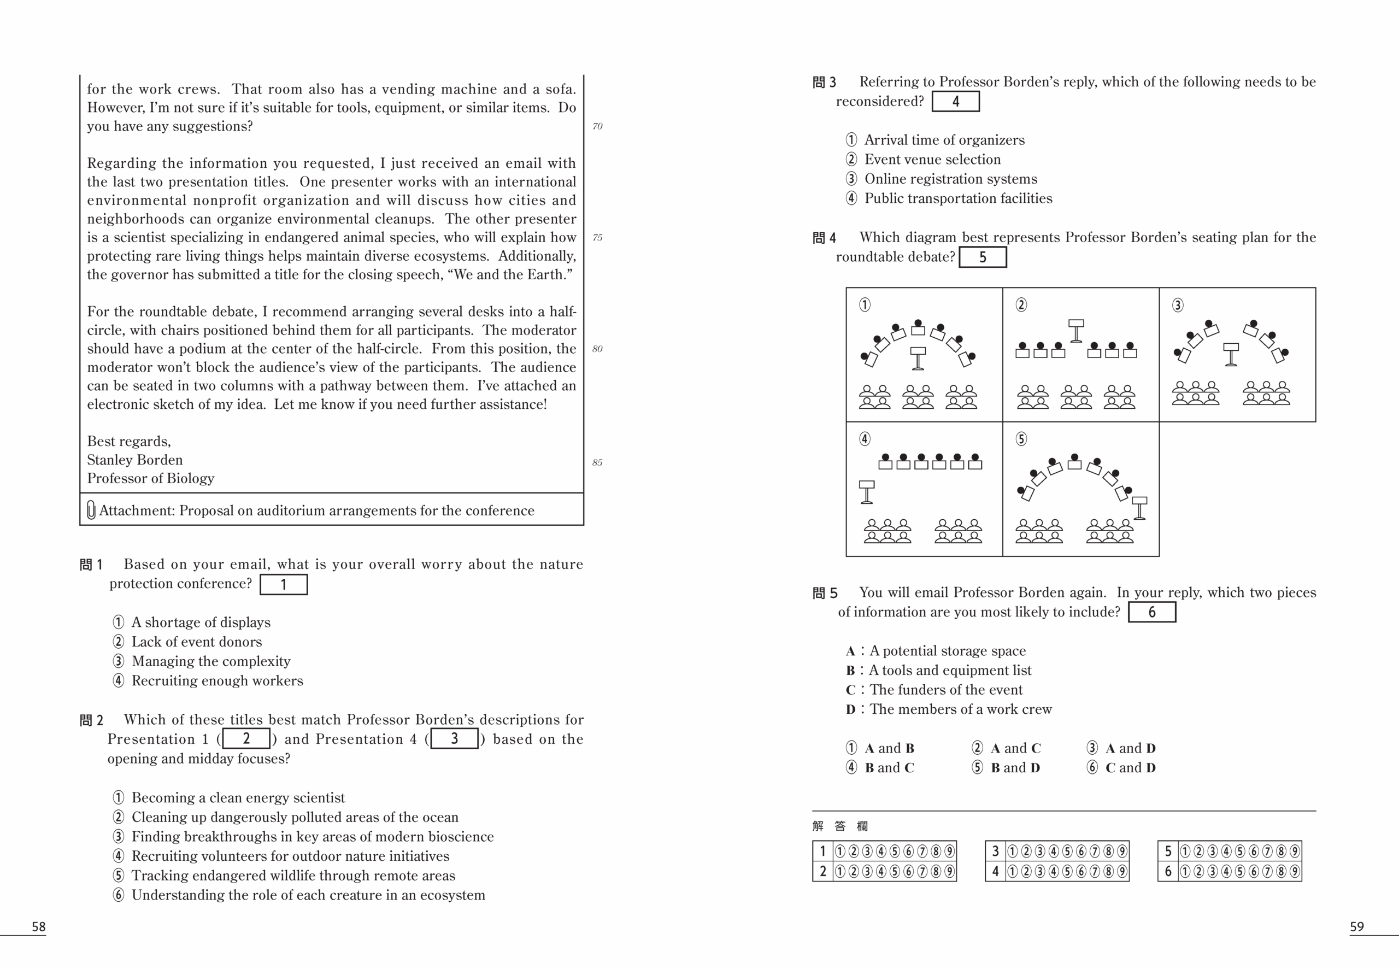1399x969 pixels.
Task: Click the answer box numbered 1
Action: [284, 585]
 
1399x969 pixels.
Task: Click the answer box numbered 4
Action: [955, 102]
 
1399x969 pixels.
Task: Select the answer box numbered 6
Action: [1151, 612]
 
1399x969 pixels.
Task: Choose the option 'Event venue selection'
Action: [932, 160]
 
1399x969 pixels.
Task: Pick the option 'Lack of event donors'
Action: [196, 642]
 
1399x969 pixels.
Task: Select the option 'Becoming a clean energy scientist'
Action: [237, 798]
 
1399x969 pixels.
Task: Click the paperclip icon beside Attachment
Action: [91, 510]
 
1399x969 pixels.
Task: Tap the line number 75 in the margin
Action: [597, 238]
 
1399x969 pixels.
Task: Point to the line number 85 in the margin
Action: [597, 463]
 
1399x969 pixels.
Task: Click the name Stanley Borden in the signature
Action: [135, 460]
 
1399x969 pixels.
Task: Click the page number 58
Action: [38, 926]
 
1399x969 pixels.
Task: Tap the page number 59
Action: [1356, 926]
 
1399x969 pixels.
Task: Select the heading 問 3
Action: [824, 83]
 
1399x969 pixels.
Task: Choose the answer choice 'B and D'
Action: [1015, 768]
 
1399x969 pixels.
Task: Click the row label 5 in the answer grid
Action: [1168, 851]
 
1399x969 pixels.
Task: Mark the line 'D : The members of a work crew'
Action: [949, 709]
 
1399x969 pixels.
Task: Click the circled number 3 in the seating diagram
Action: [1178, 305]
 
